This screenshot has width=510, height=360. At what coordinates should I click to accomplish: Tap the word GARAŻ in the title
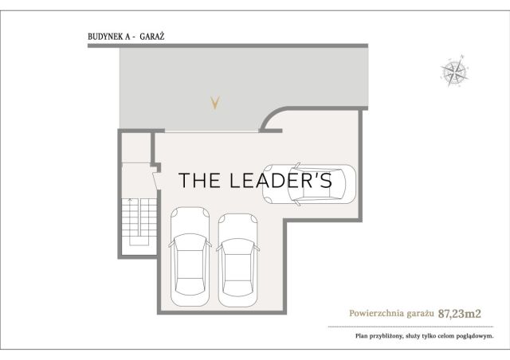[x=152, y=36]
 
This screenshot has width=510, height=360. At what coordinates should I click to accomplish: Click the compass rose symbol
[x=454, y=71]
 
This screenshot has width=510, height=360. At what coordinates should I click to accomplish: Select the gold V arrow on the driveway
[x=214, y=103]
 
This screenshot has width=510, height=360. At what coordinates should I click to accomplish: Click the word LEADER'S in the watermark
[x=280, y=180]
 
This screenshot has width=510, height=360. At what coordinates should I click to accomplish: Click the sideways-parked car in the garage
[x=309, y=185]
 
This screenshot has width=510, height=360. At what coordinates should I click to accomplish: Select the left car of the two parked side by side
[x=190, y=256]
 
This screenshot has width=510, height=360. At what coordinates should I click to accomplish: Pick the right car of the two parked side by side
[x=238, y=260]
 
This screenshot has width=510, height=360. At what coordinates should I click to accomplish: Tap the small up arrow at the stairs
[x=131, y=201]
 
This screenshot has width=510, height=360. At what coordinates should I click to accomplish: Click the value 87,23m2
[x=459, y=314]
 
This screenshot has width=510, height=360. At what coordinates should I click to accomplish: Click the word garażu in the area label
[x=420, y=314]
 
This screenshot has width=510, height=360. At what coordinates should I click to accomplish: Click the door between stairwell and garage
[x=156, y=181]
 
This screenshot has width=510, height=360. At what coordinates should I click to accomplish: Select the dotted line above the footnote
[x=411, y=327]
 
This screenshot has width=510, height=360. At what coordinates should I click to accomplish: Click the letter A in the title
[x=127, y=37]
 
